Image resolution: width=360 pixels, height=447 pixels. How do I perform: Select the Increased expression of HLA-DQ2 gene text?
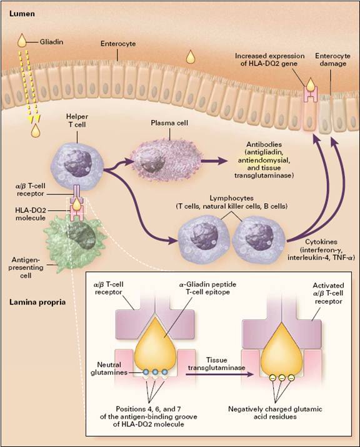tap(271, 59)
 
